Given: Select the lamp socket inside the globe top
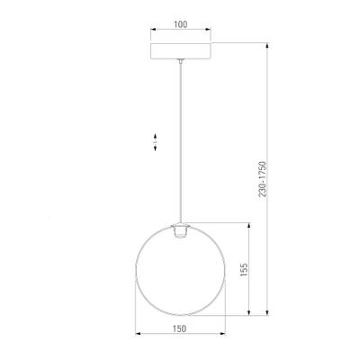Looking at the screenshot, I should pyautogui.click(x=180, y=231).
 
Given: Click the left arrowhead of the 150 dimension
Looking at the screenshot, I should pyautogui.click(x=137, y=339).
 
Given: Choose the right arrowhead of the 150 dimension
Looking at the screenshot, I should pyautogui.click(x=223, y=339).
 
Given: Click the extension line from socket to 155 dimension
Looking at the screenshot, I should pyautogui.click(x=220, y=225).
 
